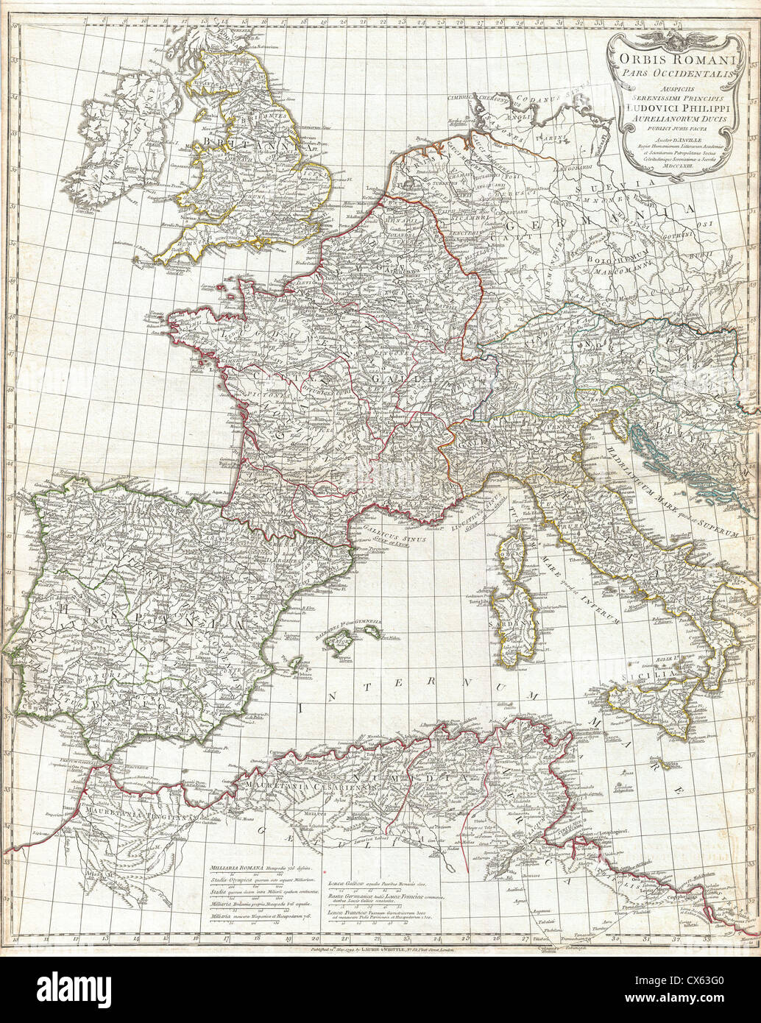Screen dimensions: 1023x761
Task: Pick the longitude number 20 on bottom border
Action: [x=315, y=939]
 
